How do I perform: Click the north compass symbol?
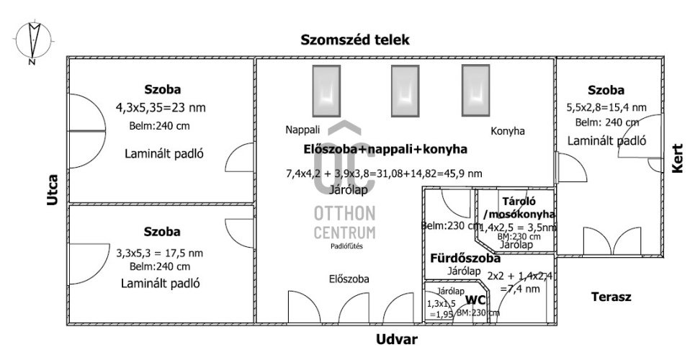pyautogui.click(x=32, y=42)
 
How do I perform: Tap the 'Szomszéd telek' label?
pyautogui.click(x=355, y=40)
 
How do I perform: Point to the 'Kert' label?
pyautogui.click(x=677, y=157)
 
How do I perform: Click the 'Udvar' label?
pyautogui.click(x=397, y=338)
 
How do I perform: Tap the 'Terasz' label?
pyautogui.click(x=611, y=297)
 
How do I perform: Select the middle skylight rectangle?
pyautogui.click(x=404, y=90)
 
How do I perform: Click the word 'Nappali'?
pyautogui.click(x=302, y=130)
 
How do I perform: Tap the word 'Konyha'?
pyautogui.click(x=508, y=131)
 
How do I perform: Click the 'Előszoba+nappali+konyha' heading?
pyautogui.click(x=385, y=149)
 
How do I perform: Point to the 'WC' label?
pyautogui.click(x=475, y=300)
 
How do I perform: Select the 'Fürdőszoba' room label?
pyautogui.click(x=465, y=258)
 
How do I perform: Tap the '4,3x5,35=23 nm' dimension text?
pyautogui.click(x=161, y=108)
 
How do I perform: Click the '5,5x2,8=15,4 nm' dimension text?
pyautogui.click(x=606, y=108)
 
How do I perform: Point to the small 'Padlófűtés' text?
pyautogui.click(x=346, y=246)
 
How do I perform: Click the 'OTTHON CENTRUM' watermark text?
pyautogui.click(x=344, y=222)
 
